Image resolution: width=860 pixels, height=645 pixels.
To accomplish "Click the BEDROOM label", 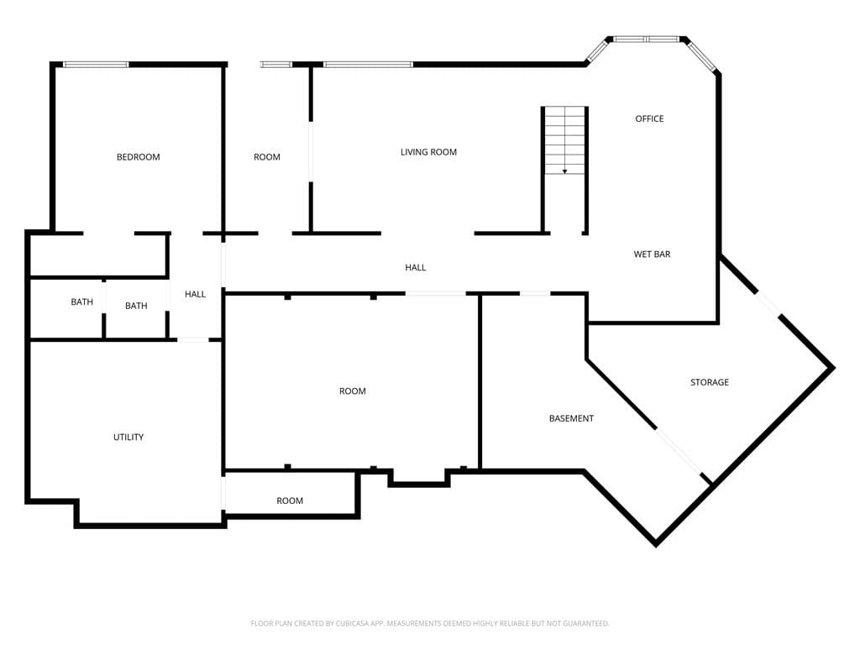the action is point(139,157).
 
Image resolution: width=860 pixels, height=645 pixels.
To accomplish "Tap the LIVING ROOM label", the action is point(428,152).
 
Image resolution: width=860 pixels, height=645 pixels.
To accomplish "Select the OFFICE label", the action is point(649,118).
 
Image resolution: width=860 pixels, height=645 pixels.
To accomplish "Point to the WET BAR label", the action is point(652,254).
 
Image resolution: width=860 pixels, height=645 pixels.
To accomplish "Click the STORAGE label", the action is point(709,382).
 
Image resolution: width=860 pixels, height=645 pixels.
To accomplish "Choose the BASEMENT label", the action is point(571,418).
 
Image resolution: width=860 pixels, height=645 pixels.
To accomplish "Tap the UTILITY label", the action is point(128,437).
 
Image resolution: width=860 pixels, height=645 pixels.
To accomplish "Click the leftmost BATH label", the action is point(81,302).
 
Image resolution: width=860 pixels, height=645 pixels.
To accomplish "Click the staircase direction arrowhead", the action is point(564,171).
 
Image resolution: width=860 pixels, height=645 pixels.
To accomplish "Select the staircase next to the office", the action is point(564,140).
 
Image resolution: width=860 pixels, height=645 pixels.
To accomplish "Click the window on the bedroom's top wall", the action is point(96,65).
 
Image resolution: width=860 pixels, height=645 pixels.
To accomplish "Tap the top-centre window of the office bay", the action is point(647,39).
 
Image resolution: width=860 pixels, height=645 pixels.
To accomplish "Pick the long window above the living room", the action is point(368,65).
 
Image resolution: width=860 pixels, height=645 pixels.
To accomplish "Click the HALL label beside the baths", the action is point(195,294).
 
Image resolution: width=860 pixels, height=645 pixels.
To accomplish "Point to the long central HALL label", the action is point(415,268).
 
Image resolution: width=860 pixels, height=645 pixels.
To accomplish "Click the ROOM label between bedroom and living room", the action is point(266,157).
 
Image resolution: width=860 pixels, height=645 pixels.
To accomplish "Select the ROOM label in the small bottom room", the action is point(290,501).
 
